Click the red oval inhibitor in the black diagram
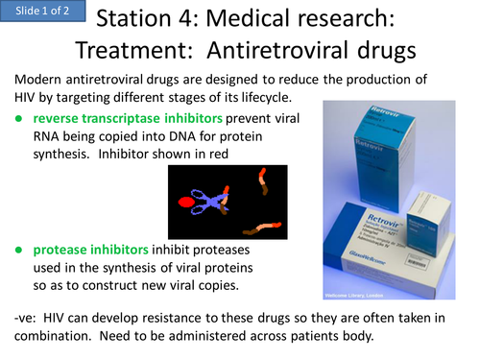coord(187,202)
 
